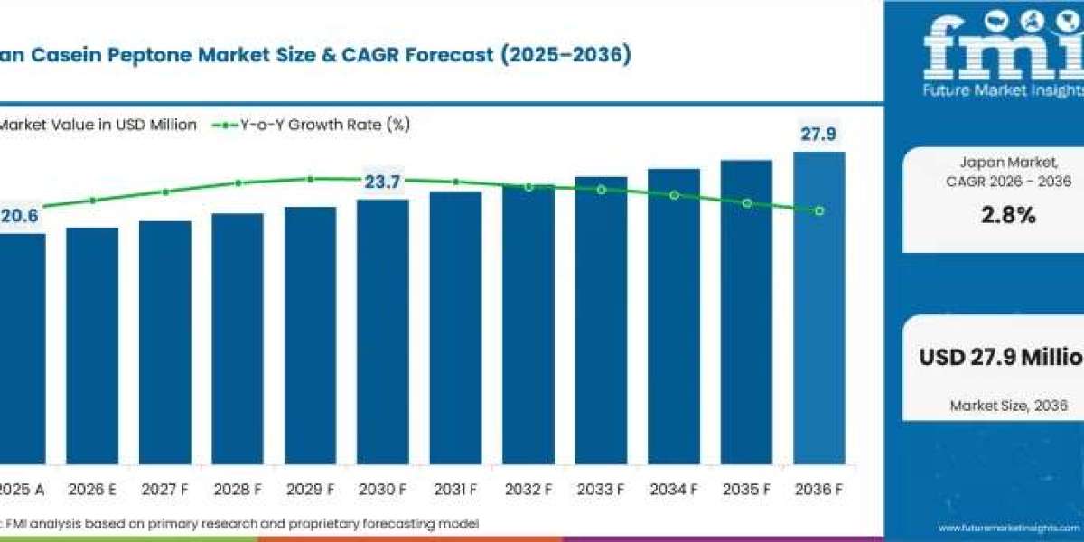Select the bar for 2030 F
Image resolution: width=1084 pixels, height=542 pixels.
coord(383,334)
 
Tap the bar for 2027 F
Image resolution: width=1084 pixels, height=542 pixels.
coord(164,343)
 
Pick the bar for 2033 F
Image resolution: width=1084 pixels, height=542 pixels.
coord(601,321)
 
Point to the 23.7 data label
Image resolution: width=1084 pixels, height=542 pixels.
coord(382,182)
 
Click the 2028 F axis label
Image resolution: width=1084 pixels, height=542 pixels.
coord(238,490)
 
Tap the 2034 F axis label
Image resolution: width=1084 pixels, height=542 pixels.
coord(674,490)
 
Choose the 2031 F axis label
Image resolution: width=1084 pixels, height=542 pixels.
coord(455,490)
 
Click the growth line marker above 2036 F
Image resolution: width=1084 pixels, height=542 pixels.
coord(819,210)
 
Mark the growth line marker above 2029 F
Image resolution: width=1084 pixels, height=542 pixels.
coord(310,179)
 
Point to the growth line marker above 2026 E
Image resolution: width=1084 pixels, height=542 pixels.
coord(92,201)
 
